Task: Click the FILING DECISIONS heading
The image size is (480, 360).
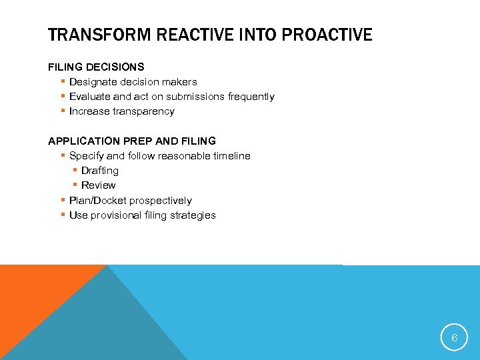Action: pos(96,67)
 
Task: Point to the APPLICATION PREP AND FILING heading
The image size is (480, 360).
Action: pos(132,141)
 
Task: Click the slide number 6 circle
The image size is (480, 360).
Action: pos(454,338)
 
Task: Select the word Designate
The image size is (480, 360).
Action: pos(93,82)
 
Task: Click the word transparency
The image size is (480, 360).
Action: pos(144,111)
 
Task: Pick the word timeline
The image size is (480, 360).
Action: pos(231,156)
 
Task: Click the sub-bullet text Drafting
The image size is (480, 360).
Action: pos(100,171)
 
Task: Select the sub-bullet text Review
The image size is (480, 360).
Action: pos(99,185)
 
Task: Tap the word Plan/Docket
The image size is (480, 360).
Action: pos(97,201)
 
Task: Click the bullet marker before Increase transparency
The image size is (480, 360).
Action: pos(62,111)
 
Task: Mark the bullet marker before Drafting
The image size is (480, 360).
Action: pos(75,171)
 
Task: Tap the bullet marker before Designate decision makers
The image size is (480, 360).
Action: pos(62,82)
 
